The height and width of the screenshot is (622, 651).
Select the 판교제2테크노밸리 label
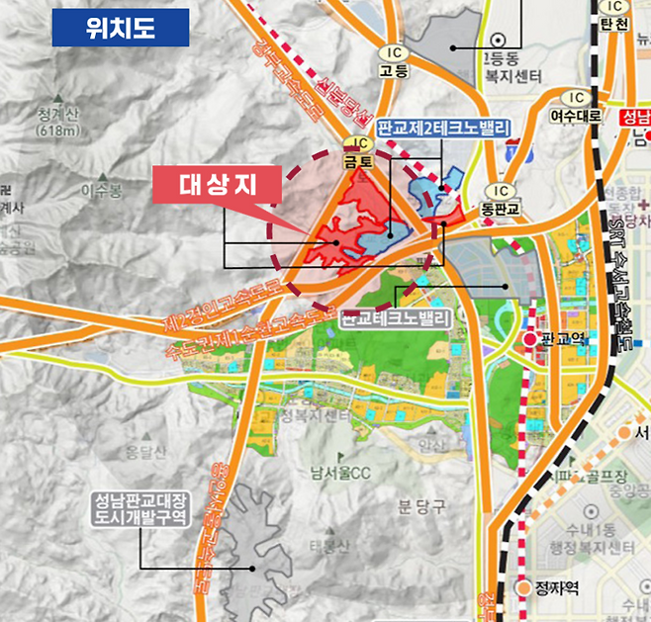(x=442, y=129)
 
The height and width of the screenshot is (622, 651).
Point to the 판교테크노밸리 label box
(x=395, y=318)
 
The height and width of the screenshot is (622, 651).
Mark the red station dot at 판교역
(x=530, y=340)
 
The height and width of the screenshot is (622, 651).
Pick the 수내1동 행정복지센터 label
(x=594, y=547)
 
